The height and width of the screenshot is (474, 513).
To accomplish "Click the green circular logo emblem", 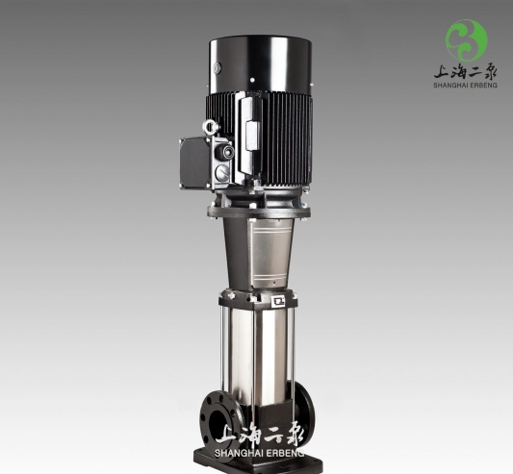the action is [466, 40].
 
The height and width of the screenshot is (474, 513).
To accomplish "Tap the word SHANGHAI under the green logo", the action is [450, 86].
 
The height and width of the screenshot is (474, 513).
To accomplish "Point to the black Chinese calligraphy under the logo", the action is [465, 70].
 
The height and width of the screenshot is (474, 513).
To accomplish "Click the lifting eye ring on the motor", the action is [210, 127].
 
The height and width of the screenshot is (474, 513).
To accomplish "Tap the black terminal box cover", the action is [194, 162].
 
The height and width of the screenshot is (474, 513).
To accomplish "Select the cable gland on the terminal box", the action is [225, 152].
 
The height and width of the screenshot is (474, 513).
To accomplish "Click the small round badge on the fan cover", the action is [217, 68].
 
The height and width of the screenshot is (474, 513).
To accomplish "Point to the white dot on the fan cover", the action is [252, 80].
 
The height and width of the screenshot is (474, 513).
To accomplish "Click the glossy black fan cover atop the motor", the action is [260, 63].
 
